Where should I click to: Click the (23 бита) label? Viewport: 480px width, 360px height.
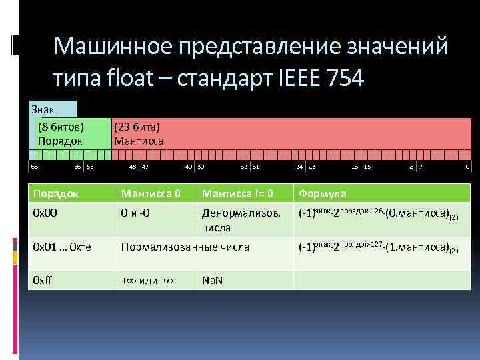point(137,127)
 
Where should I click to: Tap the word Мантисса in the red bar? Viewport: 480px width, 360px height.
point(139,141)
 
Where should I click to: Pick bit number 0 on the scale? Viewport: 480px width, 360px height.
point(468,166)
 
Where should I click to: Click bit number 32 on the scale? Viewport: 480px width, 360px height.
point(244,166)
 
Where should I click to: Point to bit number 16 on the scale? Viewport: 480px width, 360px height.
point(355,166)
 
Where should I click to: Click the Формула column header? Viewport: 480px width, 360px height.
point(323,193)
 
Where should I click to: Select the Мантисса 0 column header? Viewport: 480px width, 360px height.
point(150,193)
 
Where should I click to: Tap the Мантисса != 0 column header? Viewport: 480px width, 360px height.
point(237,193)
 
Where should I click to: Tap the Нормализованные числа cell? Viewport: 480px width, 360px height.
point(185,247)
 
